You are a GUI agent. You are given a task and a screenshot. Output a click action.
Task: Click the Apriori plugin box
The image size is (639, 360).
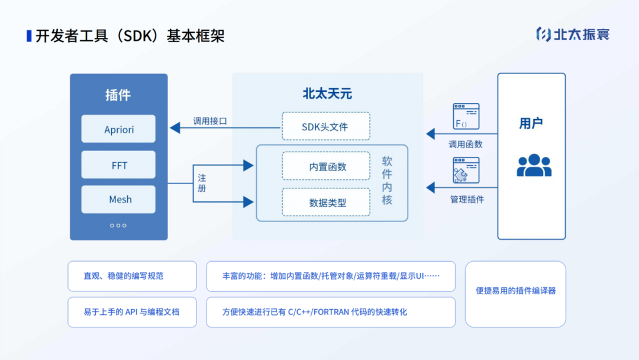pyautogui.click(x=118, y=129)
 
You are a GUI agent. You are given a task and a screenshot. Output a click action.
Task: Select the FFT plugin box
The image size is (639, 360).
pyautogui.click(x=118, y=165)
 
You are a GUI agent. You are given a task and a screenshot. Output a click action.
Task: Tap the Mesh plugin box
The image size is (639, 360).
pyautogui.click(x=118, y=200)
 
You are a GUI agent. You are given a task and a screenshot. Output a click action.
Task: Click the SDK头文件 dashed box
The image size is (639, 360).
pyautogui.click(x=326, y=127)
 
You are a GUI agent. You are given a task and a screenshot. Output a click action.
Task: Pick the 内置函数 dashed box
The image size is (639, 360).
pyautogui.click(x=326, y=166)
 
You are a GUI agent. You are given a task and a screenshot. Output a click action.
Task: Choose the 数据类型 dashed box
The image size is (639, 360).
pyautogui.click(x=326, y=202)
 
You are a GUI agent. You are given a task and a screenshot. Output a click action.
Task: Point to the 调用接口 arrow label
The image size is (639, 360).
pyautogui.click(x=210, y=121)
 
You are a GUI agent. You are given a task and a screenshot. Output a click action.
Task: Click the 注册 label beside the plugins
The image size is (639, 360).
pyautogui.click(x=202, y=183)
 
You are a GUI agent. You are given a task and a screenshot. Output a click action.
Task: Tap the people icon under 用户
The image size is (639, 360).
pyautogui.click(x=534, y=165)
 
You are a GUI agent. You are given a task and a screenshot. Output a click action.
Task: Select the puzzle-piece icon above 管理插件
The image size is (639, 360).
pyautogui.click(x=466, y=171)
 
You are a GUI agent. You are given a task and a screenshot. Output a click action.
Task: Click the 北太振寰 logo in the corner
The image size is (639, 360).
pyautogui.click(x=572, y=34)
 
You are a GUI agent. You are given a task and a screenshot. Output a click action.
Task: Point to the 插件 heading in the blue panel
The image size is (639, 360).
pyautogui.click(x=118, y=95)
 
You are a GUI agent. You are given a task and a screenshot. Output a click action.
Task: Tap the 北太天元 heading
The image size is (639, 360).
pyautogui.click(x=327, y=94)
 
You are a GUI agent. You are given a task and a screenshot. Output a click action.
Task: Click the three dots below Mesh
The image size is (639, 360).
pyautogui.click(x=118, y=226)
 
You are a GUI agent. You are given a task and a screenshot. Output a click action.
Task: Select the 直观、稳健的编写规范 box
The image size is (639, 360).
pyautogui.click(x=132, y=276)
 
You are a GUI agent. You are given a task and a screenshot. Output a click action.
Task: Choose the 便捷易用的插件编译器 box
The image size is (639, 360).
pyautogui.click(x=515, y=294)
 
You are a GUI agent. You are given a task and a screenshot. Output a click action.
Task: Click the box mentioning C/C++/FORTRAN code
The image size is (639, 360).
pyautogui.click(x=331, y=312)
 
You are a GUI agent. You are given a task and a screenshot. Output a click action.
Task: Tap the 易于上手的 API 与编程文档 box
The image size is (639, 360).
pyautogui.click(x=132, y=312)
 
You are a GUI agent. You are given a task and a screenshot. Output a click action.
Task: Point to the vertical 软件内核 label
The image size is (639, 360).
pyautogui.click(x=387, y=181)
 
